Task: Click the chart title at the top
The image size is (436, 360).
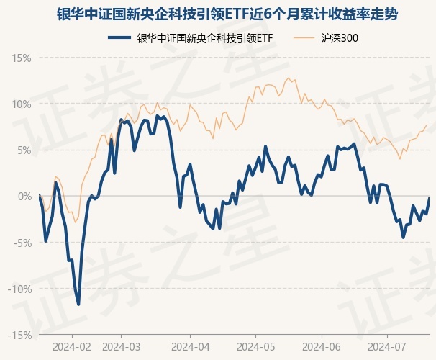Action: click(x=218, y=14)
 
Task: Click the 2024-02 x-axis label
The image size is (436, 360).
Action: click(x=72, y=346)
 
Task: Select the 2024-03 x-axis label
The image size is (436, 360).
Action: click(x=121, y=346)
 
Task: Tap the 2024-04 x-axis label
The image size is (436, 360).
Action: click(x=190, y=346)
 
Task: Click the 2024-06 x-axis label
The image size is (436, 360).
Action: click(x=322, y=346)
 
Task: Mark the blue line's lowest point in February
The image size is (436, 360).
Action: click(x=78, y=305)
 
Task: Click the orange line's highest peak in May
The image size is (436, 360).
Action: click(x=288, y=78)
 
